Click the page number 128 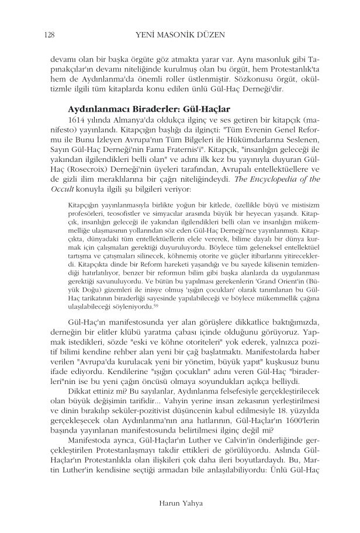(x=49, y=36)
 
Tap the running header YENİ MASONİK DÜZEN (x=179, y=36)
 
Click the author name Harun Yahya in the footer (x=180, y=502)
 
